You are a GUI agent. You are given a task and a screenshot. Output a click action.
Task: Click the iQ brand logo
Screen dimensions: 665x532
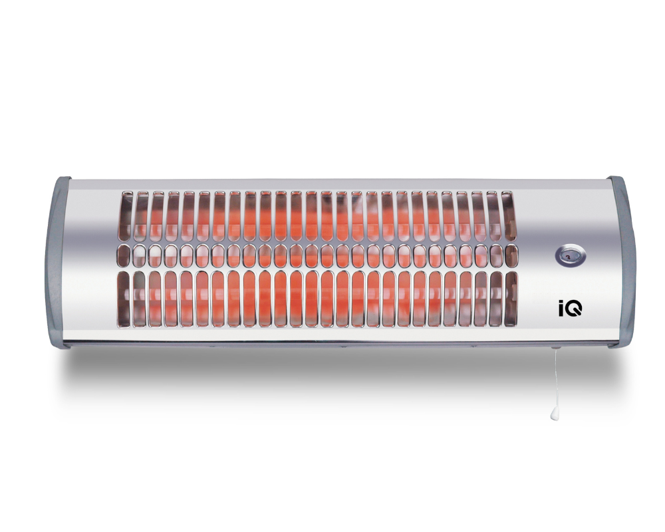tap(571, 309)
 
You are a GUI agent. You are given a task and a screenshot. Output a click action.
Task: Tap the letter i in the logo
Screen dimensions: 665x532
tap(561, 309)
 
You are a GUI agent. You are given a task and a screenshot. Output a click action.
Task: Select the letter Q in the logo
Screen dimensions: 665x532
tap(574, 309)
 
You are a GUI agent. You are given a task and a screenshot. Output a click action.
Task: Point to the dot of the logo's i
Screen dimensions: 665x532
tap(561, 303)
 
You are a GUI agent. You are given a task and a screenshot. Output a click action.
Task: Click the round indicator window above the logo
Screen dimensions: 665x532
tap(571, 257)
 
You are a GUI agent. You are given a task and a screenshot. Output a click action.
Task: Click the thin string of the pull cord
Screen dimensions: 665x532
tap(554, 379)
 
